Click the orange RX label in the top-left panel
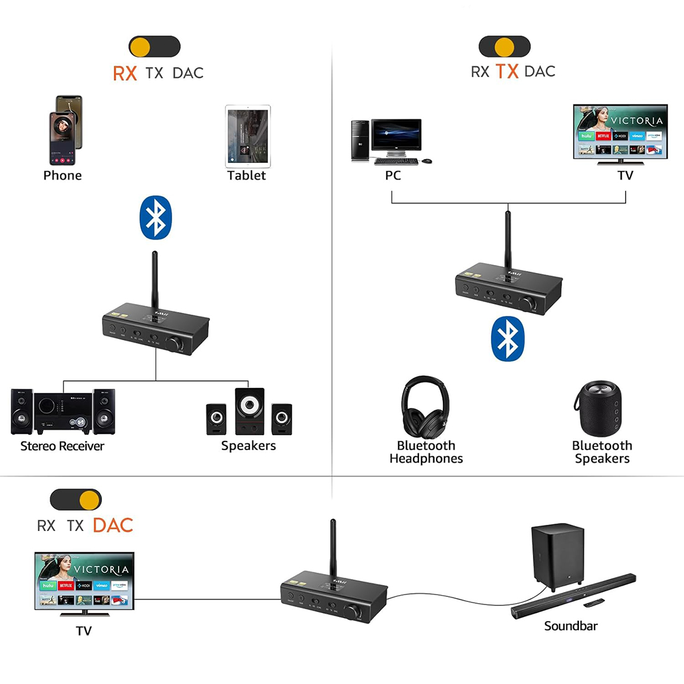[x=124, y=73]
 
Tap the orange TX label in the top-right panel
[x=507, y=72]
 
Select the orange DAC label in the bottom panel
[x=113, y=525]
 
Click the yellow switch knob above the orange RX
[x=141, y=47]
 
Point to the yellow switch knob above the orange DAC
[x=90, y=499]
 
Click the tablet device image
[x=247, y=136]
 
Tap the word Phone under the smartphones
[x=62, y=176]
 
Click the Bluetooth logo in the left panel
[x=155, y=218]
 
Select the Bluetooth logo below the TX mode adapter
[x=507, y=339]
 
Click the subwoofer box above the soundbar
[x=558, y=555]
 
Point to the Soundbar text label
[x=570, y=626]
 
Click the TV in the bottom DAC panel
[x=84, y=581]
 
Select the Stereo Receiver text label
[x=62, y=446]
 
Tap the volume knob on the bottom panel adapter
[x=353, y=612]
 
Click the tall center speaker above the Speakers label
[x=249, y=410]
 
